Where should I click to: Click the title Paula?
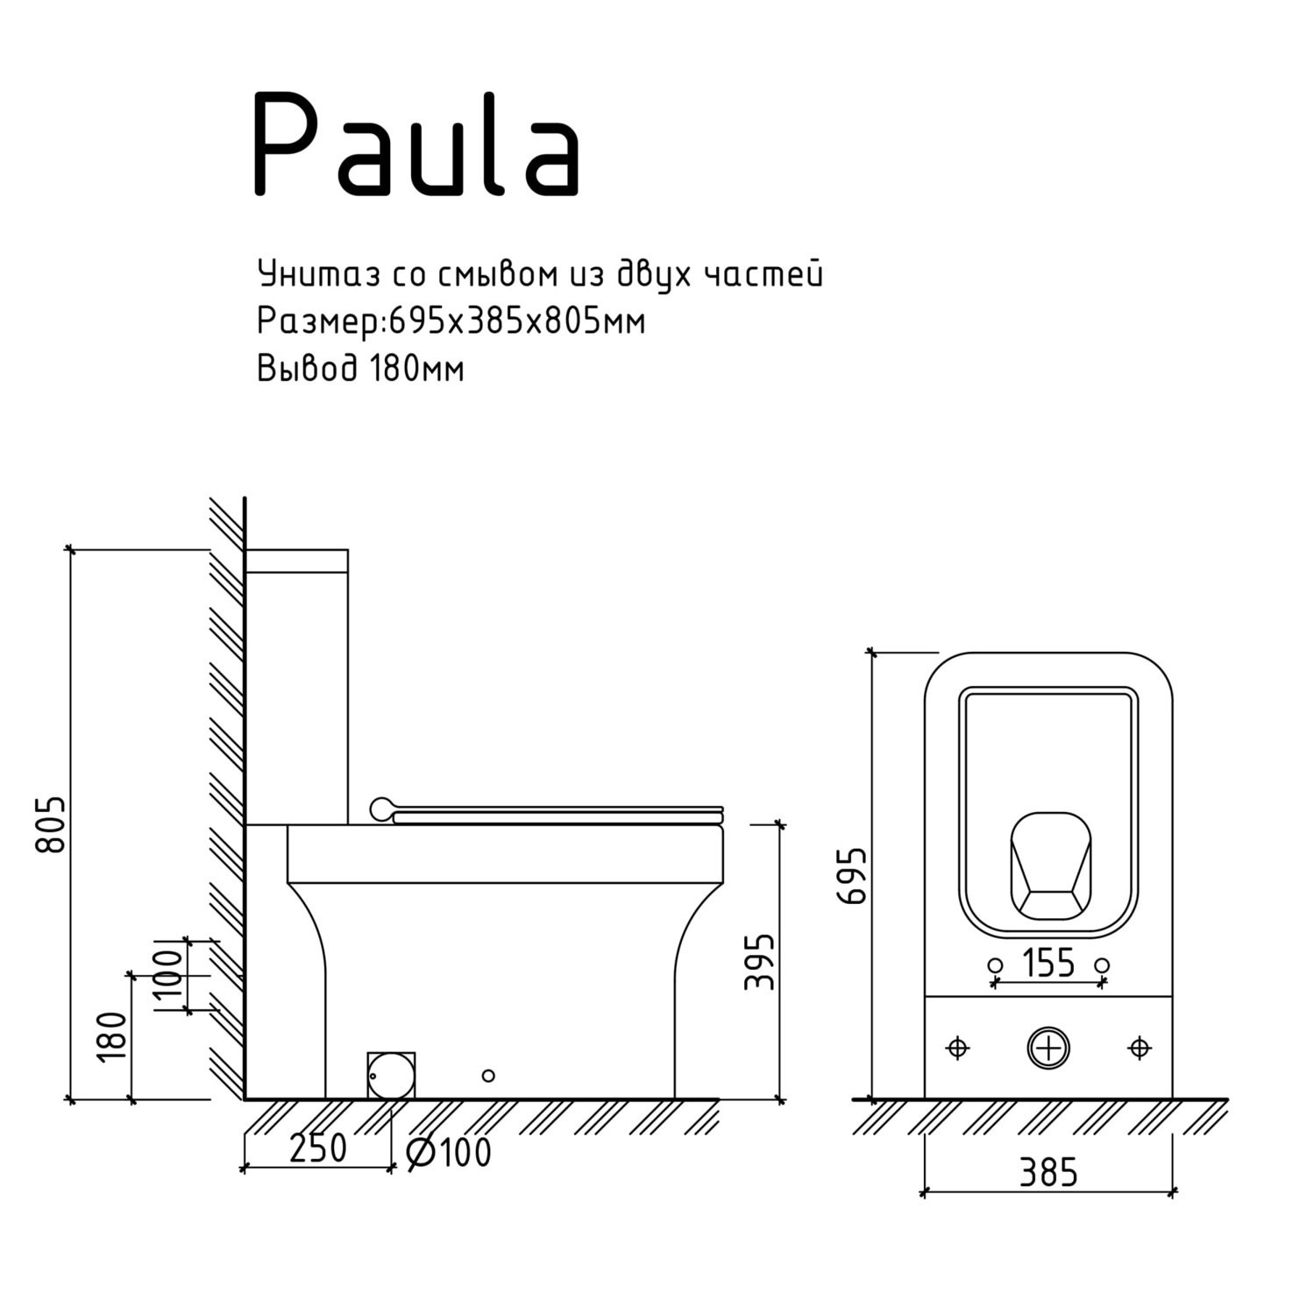click(x=416, y=145)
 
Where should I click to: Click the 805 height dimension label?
click(x=51, y=823)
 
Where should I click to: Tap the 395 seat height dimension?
click(x=760, y=961)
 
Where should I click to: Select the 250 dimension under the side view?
click(x=318, y=1148)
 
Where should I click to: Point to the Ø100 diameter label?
click(x=450, y=1153)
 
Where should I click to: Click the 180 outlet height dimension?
click(x=113, y=1036)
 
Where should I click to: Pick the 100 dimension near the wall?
click(x=169, y=974)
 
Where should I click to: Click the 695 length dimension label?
click(x=852, y=875)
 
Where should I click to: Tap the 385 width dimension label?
click(x=1048, y=1172)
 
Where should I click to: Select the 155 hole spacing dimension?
click(x=1048, y=963)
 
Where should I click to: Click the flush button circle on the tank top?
click(x=1048, y=1048)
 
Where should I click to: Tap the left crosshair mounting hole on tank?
click(x=958, y=1048)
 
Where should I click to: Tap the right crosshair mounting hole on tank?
click(x=1140, y=1048)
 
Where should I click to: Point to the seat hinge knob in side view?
click(x=381, y=809)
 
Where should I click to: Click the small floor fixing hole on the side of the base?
click(x=488, y=1075)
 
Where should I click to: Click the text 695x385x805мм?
click(x=516, y=322)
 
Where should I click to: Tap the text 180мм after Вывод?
click(x=416, y=369)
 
